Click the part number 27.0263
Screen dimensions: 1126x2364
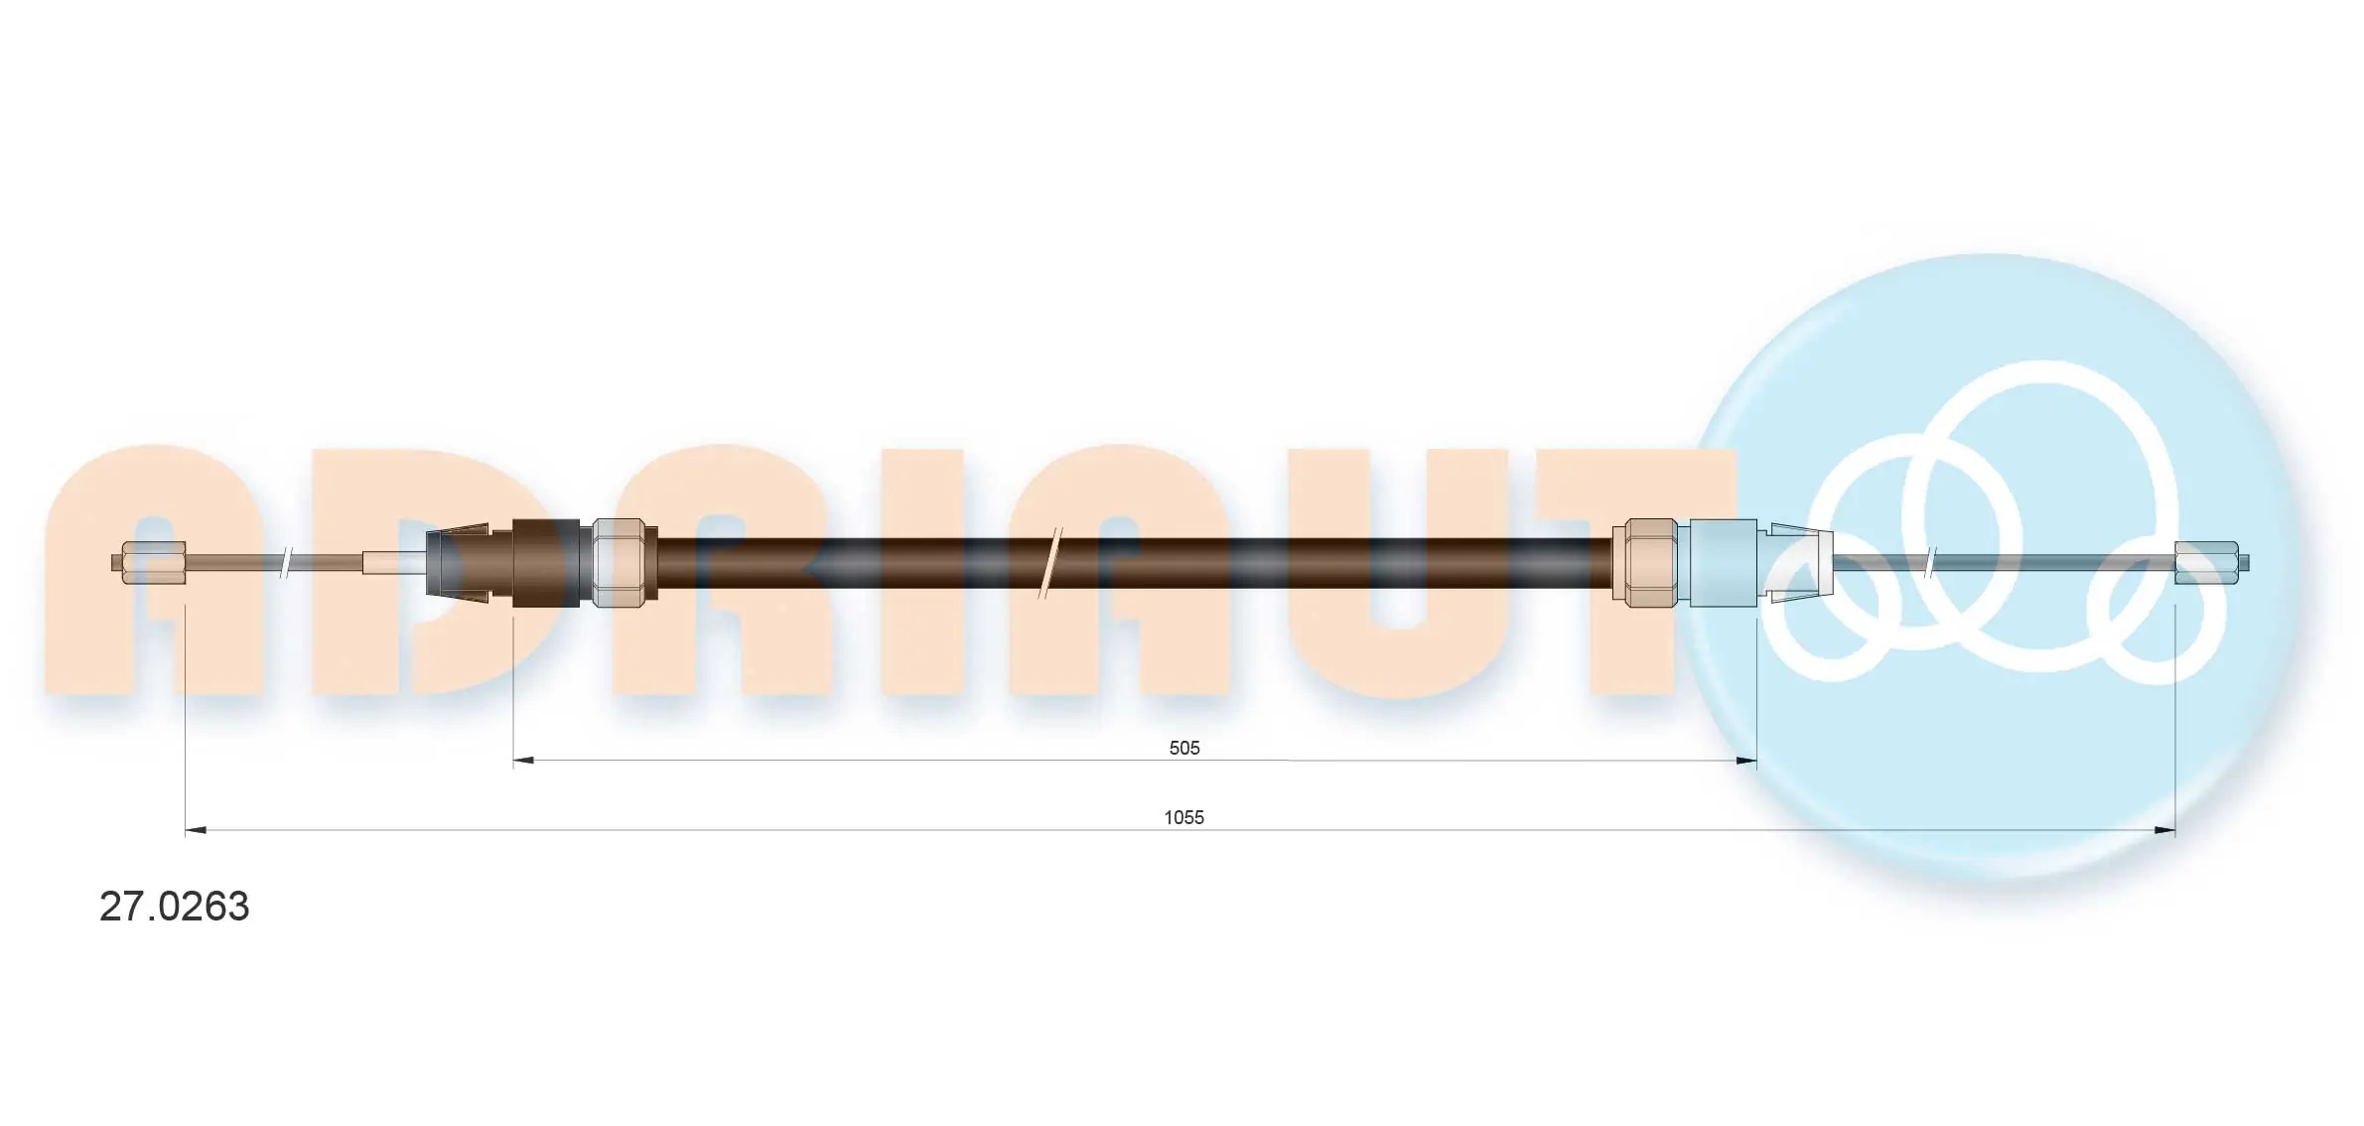[174, 907]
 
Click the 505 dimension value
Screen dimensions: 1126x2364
[1183, 748]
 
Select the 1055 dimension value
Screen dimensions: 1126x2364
[1183, 817]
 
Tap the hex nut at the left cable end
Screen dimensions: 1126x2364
[152, 563]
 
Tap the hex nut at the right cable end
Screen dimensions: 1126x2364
[2210, 563]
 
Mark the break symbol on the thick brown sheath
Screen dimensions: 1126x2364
[1050, 563]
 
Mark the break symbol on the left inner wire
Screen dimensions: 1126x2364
[285, 563]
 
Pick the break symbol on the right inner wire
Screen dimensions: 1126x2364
[1930, 563]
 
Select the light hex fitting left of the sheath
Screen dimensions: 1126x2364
[624, 563]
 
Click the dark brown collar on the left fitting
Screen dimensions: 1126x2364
[545, 563]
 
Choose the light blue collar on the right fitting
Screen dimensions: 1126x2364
[1722, 563]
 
